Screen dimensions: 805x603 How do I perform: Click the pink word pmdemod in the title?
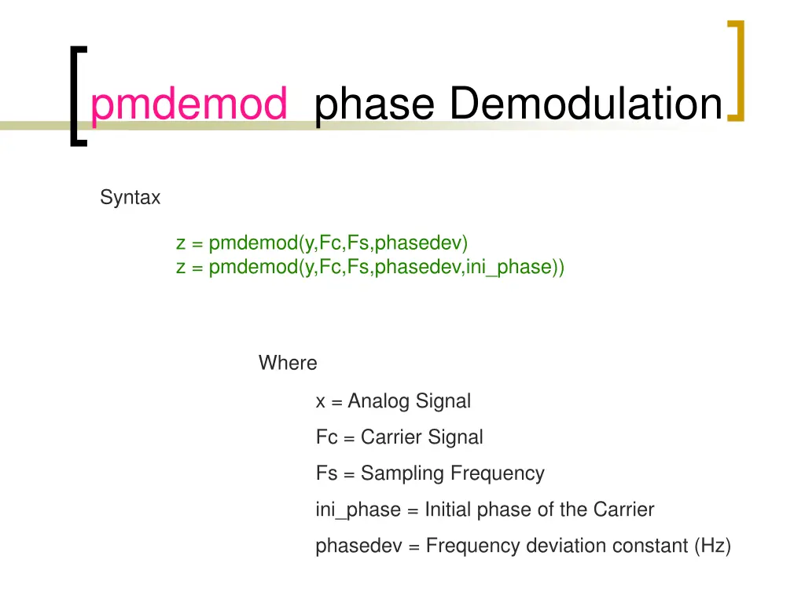point(189,105)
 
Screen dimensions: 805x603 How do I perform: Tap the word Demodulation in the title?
point(586,104)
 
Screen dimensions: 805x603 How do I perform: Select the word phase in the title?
point(373,105)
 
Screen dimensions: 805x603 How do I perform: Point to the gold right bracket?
point(735,72)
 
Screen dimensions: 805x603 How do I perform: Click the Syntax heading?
point(130,198)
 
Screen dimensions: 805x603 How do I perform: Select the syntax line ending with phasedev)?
point(322,243)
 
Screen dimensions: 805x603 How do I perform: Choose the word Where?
point(288,363)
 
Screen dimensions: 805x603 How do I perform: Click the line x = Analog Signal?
point(393,401)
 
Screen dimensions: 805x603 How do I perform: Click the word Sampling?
point(403,474)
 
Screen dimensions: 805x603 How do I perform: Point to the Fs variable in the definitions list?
point(325,474)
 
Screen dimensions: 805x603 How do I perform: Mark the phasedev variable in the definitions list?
point(358,546)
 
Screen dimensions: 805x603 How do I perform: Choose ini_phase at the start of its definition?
point(358,510)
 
